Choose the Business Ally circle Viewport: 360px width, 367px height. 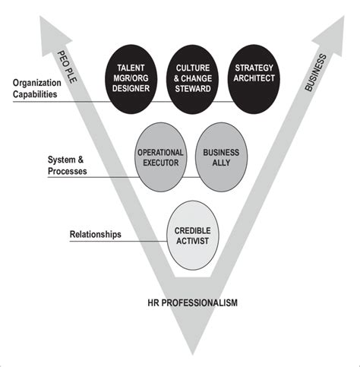click(220, 157)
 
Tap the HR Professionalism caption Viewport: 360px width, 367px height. click(192, 302)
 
